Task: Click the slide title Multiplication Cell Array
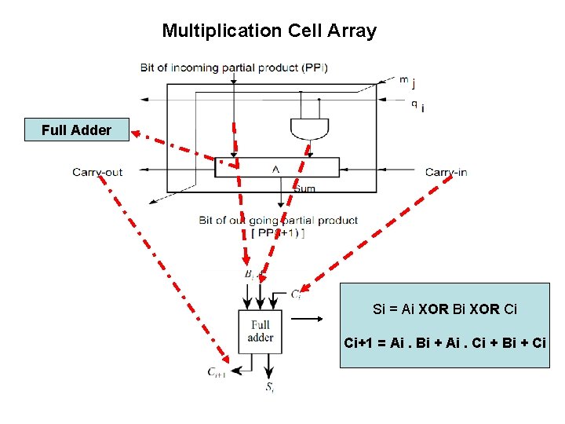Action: click(269, 31)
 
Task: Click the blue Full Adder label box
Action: click(76, 130)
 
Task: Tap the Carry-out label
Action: click(97, 172)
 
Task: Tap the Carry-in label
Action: click(446, 172)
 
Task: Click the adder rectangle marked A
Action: click(276, 167)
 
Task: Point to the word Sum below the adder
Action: click(304, 188)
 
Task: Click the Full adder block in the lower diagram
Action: click(260, 331)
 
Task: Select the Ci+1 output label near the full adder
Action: click(217, 374)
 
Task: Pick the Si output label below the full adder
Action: click(269, 386)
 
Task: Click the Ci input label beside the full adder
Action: click(296, 294)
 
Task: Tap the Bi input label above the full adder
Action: click(251, 274)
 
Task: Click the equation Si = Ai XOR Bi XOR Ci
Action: click(445, 309)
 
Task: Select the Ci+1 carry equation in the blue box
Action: click(445, 343)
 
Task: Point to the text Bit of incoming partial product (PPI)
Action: click(234, 68)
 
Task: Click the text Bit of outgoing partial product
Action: click(278, 221)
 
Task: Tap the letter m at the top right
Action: click(403, 79)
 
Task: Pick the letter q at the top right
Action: click(414, 102)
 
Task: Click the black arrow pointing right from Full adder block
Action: click(308, 320)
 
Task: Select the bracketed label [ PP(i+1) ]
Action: click(278, 233)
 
